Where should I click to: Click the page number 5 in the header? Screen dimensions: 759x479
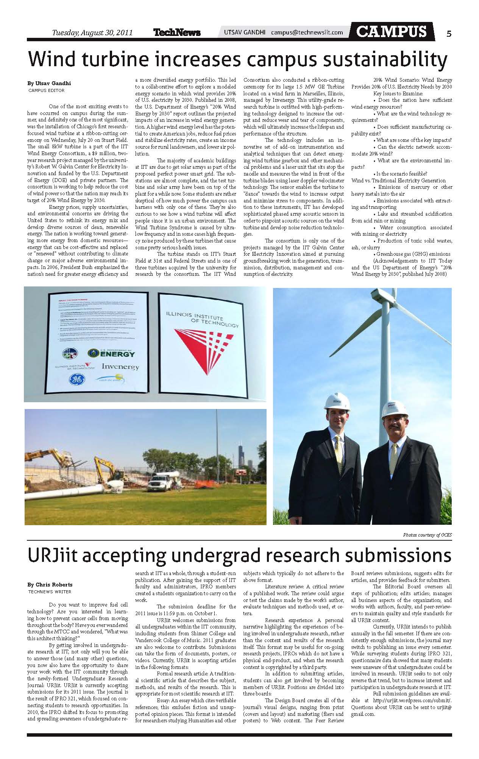tap(449, 34)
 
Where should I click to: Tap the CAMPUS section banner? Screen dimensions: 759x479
tap(392, 31)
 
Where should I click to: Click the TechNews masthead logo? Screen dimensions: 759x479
tap(177, 33)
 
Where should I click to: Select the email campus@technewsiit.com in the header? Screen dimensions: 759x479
tap(307, 33)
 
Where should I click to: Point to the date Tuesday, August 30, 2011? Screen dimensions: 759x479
tap(92, 33)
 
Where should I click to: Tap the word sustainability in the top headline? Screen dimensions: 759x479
tap(380, 60)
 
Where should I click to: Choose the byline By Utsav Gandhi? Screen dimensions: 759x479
tap(49, 83)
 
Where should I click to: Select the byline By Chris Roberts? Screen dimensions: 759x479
tap(50, 585)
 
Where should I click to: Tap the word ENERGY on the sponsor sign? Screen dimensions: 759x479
tap(117, 354)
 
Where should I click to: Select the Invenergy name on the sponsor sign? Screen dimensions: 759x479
tap(120, 366)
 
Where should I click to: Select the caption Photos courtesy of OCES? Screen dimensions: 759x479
tap(427, 535)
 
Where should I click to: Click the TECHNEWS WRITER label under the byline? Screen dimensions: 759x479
tap(50, 591)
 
